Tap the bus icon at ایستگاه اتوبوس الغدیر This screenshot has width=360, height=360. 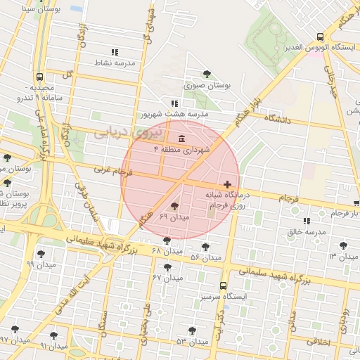(x=321, y=37)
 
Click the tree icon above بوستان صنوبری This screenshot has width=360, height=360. (x=207, y=74)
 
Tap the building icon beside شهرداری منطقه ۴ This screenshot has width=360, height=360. (x=182, y=137)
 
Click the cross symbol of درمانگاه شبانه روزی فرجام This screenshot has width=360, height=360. (x=227, y=184)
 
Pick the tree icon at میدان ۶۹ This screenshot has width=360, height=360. (x=174, y=206)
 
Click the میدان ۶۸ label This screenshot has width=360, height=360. (x=167, y=251)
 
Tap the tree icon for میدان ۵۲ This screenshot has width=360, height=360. (x=205, y=247)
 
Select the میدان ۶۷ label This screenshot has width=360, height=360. (x=167, y=277)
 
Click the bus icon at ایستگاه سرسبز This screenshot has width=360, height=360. (x=223, y=286)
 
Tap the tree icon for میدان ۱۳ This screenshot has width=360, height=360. (x=343, y=245)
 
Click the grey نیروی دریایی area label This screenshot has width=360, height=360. (x=129, y=131)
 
